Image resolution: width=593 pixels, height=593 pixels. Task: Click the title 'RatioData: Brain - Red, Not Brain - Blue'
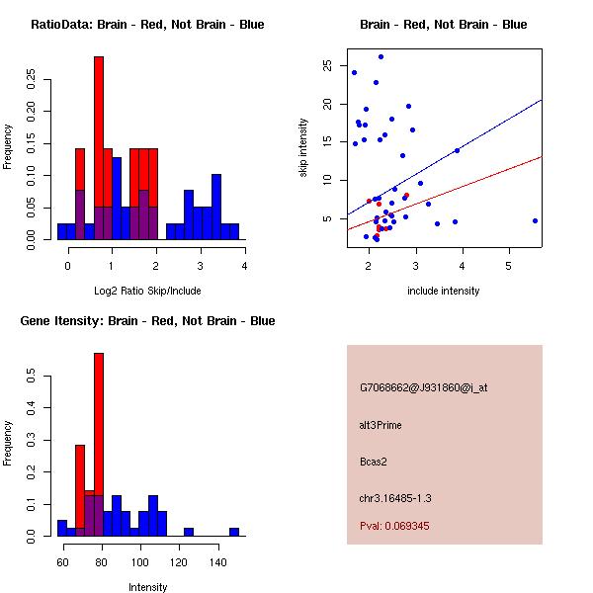click(x=147, y=25)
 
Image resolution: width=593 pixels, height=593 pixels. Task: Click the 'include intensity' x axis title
click(x=444, y=292)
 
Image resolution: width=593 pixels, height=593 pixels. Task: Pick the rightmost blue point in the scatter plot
click(x=535, y=220)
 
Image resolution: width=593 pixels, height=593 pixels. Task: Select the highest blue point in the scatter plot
click(x=381, y=56)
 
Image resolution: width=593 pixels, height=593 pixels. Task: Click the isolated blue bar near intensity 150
click(x=234, y=531)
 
